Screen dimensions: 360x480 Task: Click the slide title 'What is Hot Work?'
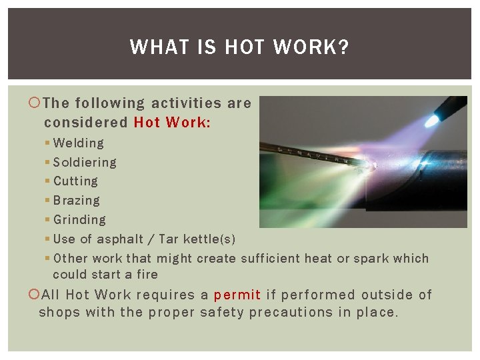point(239,47)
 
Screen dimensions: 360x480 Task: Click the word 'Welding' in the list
point(78,143)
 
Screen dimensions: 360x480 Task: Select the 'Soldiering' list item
point(84,162)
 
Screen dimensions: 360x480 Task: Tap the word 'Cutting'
point(75,181)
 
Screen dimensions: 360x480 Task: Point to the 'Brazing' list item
point(76,200)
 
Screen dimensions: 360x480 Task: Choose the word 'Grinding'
point(79,219)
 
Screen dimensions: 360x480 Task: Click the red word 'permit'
point(237,295)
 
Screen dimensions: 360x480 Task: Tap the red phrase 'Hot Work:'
point(173,122)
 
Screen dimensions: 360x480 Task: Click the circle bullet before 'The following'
point(36,103)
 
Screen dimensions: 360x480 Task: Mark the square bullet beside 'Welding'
point(47,143)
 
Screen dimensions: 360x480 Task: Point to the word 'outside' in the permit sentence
point(387,295)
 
